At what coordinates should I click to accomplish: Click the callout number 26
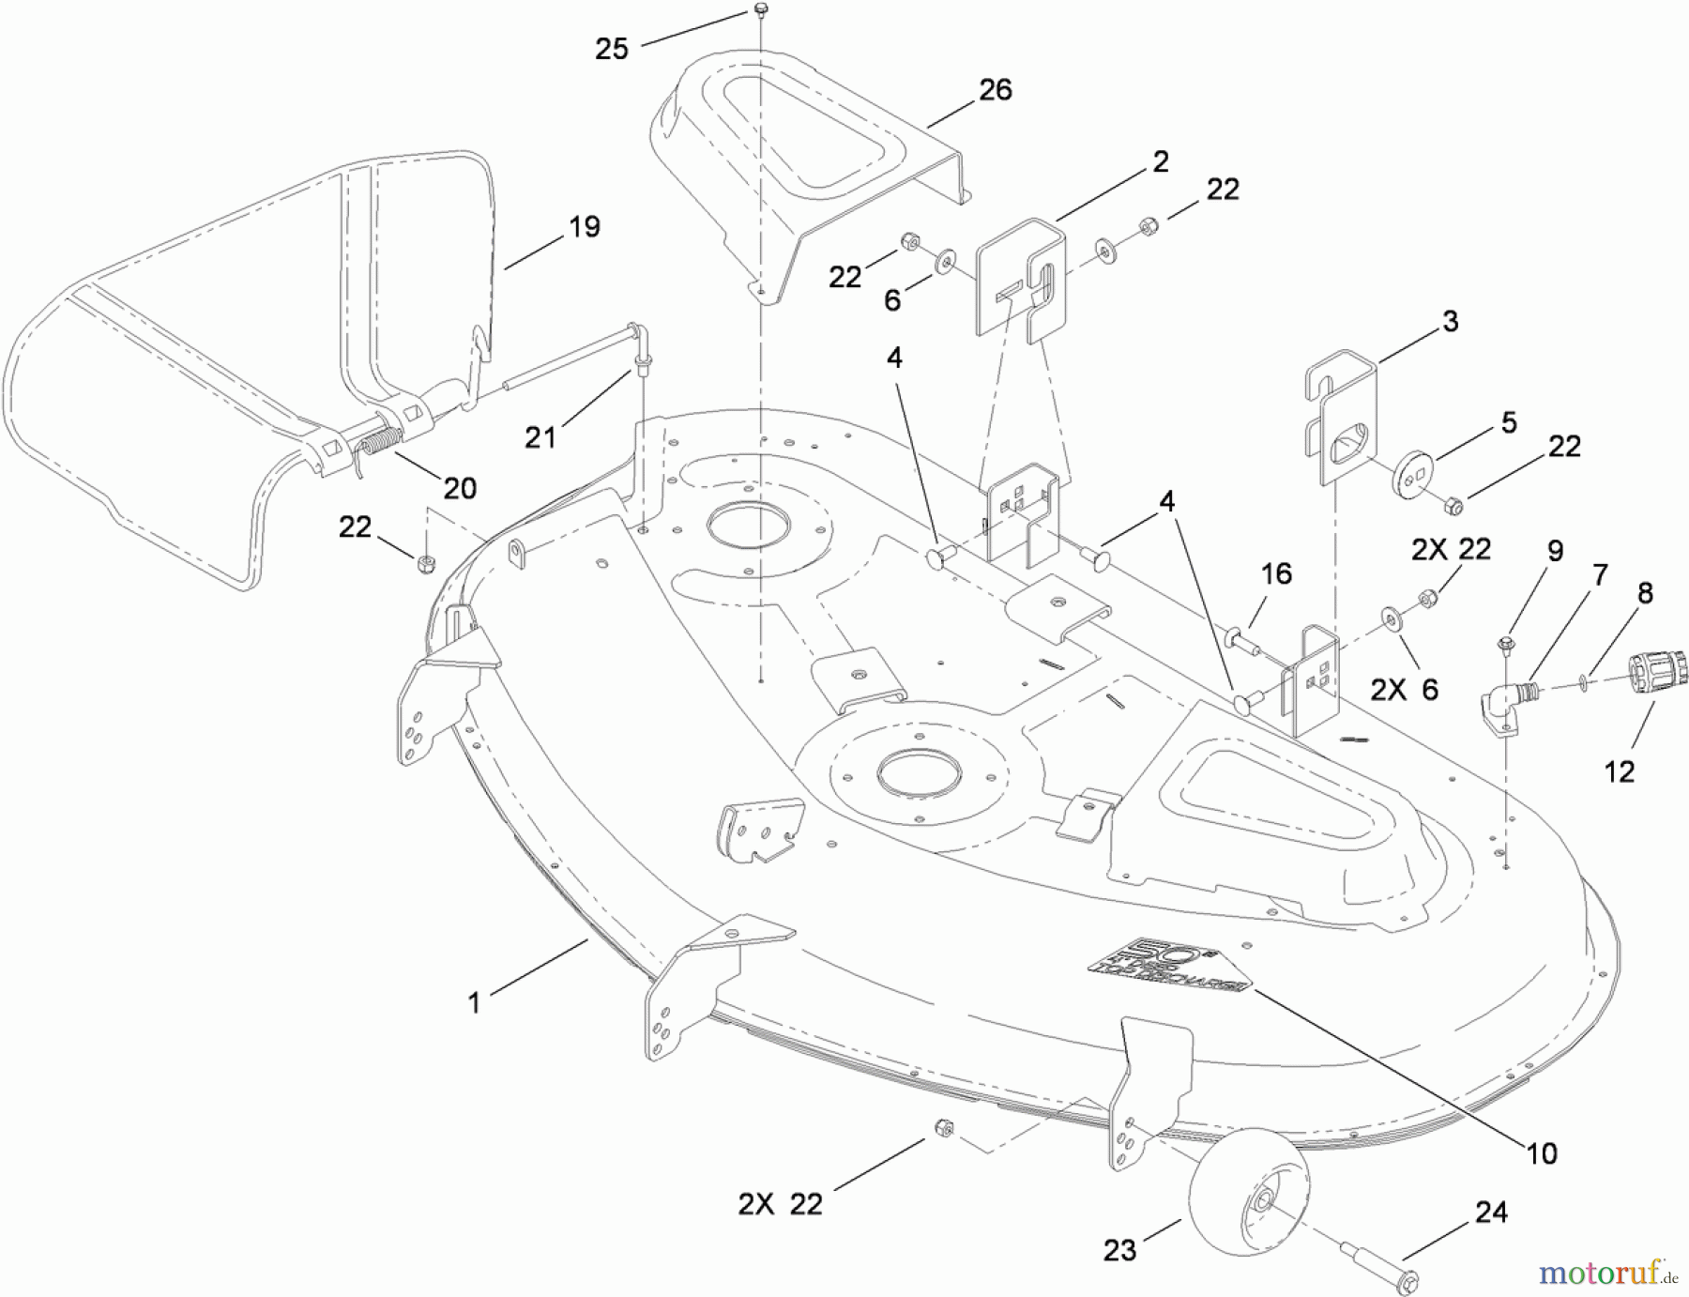[x=996, y=89]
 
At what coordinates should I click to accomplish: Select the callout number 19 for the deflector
[x=584, y=226]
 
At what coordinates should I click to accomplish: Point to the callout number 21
[x=540, y=437]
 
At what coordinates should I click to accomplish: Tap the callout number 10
[x=1542, y=1152]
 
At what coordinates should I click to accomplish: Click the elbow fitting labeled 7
[x=1506, y=707]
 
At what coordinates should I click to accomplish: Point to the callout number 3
[x=1450, y=321]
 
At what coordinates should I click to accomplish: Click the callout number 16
[x=1276, y=573]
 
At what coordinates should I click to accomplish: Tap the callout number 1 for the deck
[x=474, y=1002]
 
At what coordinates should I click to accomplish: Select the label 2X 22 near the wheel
[x=780, y=1204]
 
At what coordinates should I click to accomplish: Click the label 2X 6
[x=1404, y=690]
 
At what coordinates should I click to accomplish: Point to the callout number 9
[x=1555, y=551]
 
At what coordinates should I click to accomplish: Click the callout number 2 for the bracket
[x=1161, y=161]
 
